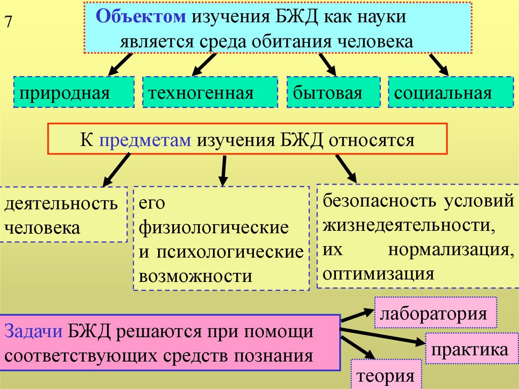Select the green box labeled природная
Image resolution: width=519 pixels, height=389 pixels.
tap(74, 92)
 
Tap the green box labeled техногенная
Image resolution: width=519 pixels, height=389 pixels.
tap(210, 92)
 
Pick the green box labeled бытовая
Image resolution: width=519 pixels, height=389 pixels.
tap(333, 92)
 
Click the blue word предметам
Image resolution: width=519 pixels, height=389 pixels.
tap(145, 139)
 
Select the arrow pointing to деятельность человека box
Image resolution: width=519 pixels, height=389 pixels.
tap(116, 170)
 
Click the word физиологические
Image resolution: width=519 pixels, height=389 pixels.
tap(213, 227)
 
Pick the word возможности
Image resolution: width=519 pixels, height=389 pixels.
tap(195, 276)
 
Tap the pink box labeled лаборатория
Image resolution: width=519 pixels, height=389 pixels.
tap(435, 313)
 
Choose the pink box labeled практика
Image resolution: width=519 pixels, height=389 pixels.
tap(471, 349)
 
